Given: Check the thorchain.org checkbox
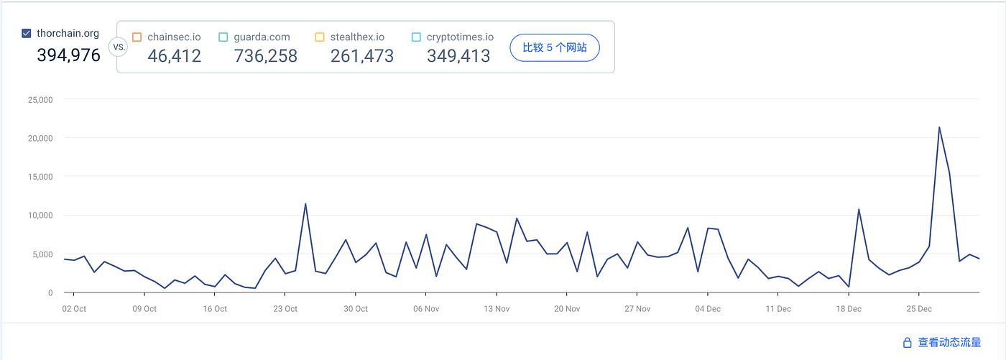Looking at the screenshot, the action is (x=27, y=33).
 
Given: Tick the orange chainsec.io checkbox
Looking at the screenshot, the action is (x=137, y=37).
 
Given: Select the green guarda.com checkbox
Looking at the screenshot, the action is (x=223, y=37).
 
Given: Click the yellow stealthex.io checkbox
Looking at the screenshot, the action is (x=320, y=37).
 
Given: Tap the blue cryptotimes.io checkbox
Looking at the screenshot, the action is (x=416, y=37).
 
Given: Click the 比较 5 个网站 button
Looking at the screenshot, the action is (x=555, y=47).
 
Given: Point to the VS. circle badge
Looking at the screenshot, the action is (x=119, y=47).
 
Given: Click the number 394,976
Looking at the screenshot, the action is (x=69, y=55).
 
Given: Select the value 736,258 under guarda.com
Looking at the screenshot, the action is (x=265, y=56).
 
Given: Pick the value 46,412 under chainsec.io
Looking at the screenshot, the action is (x=174, y=56).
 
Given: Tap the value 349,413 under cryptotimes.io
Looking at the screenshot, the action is (x=458, y=56).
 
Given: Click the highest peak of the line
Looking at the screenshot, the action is (x=939, y=127).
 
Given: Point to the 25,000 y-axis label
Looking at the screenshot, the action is (x=40, y=100).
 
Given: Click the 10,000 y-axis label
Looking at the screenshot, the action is (x=40, y=216).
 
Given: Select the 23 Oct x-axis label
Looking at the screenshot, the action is (x=285, y=309).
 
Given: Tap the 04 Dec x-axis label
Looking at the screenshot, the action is (x=708, y=309).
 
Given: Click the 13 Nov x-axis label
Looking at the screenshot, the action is (x=497, y=309).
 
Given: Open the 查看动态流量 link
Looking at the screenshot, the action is (x=949, y=343).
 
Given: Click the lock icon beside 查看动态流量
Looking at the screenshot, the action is (x=907, y=343).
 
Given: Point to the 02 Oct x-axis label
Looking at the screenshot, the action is (x=74, y=309).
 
